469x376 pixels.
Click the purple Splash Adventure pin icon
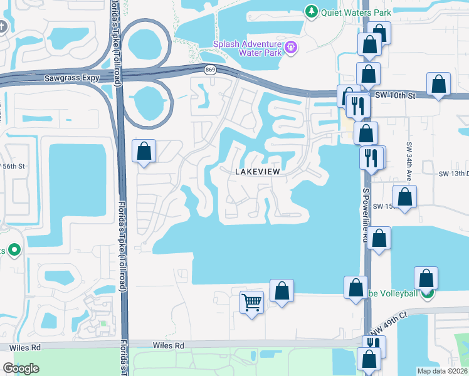[x=290, y=47]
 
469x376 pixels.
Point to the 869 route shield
[x=209, y=71]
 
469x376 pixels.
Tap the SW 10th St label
[x=395, y=95]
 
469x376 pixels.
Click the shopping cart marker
[x=252, y=303]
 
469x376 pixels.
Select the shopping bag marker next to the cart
[x=282, y=290]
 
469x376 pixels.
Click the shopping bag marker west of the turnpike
[x=144, y=151]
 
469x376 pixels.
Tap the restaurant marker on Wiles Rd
[x=374, y=343]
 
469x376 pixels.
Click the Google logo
[x=21, y=368]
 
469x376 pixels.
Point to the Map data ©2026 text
[x=443, y=371]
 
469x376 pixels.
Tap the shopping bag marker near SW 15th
[x=405, y=197]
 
